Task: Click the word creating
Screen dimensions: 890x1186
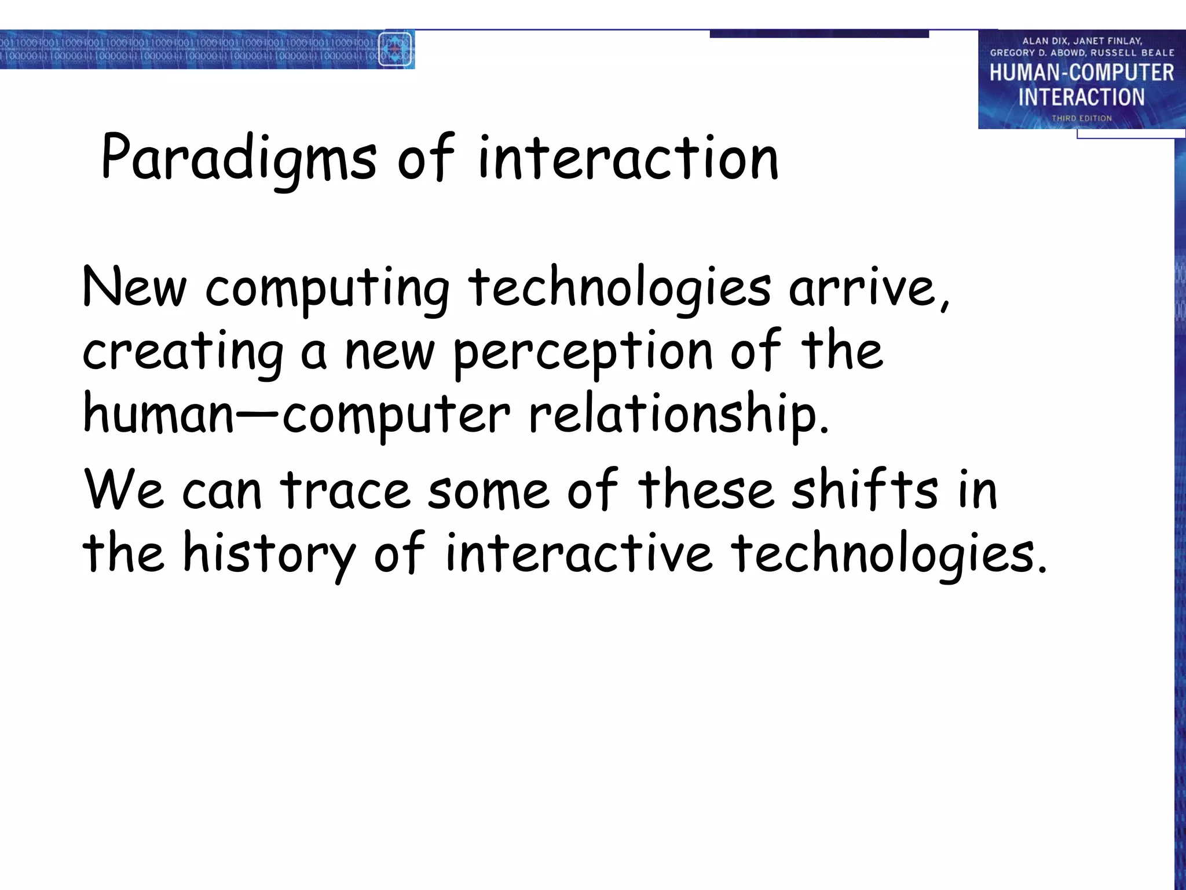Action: pos(183,352)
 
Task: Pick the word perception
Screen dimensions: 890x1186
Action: pos(583,352)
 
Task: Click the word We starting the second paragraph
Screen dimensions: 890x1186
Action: pos(124,490)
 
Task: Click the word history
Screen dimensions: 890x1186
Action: pos(269,553)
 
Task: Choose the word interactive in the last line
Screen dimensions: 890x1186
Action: pos(579,553)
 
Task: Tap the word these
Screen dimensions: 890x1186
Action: pos(706,490)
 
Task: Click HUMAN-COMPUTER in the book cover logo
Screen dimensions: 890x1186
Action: pos(1081,72)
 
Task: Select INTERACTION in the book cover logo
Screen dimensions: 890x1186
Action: pos(1081,97)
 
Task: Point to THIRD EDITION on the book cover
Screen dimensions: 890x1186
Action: pos(1081,118)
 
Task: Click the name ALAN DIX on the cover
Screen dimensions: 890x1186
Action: pos(1045,41)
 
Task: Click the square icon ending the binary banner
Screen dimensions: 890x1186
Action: pos(395,49)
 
